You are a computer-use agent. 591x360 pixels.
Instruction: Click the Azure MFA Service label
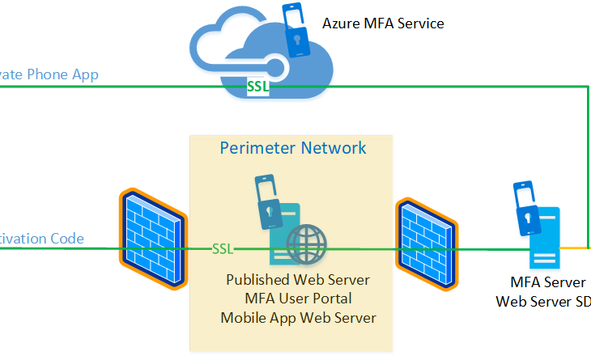click(383, 23)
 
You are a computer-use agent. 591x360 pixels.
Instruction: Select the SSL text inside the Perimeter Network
click(223, 248)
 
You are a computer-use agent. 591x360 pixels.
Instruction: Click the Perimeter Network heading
click(292, 148)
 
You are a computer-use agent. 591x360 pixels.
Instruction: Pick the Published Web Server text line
click(298, 280)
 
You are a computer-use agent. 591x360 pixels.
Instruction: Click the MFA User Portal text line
click(298, 299)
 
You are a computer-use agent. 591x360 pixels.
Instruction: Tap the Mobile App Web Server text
click(298, 317)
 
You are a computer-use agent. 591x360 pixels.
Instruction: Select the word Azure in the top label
click(341, 23)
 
